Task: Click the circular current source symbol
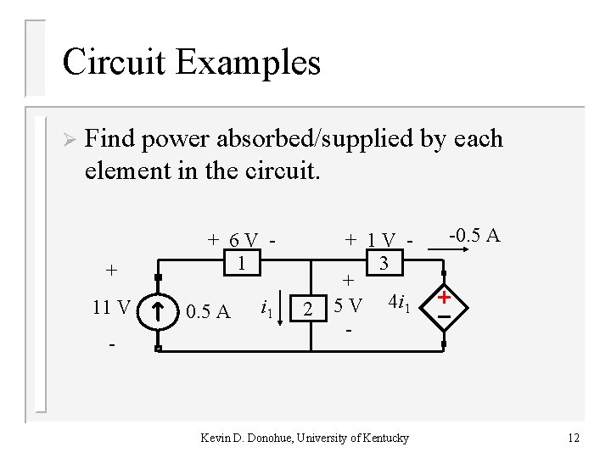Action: (x=159, y=311)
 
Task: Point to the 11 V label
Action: (x=112, y=307)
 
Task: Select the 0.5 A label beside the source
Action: (x=207, y=311)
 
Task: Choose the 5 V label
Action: (x=348, y=304)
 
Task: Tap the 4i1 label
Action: (x=399, y=302)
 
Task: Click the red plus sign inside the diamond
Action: (x=443, y=297)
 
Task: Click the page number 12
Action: (x=574, y=438)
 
